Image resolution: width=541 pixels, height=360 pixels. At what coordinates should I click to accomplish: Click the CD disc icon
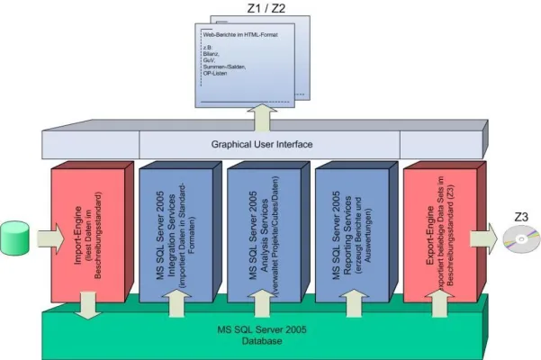pos(511,239)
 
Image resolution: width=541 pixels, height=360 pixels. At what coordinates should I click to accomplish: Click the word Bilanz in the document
pos(213,52)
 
